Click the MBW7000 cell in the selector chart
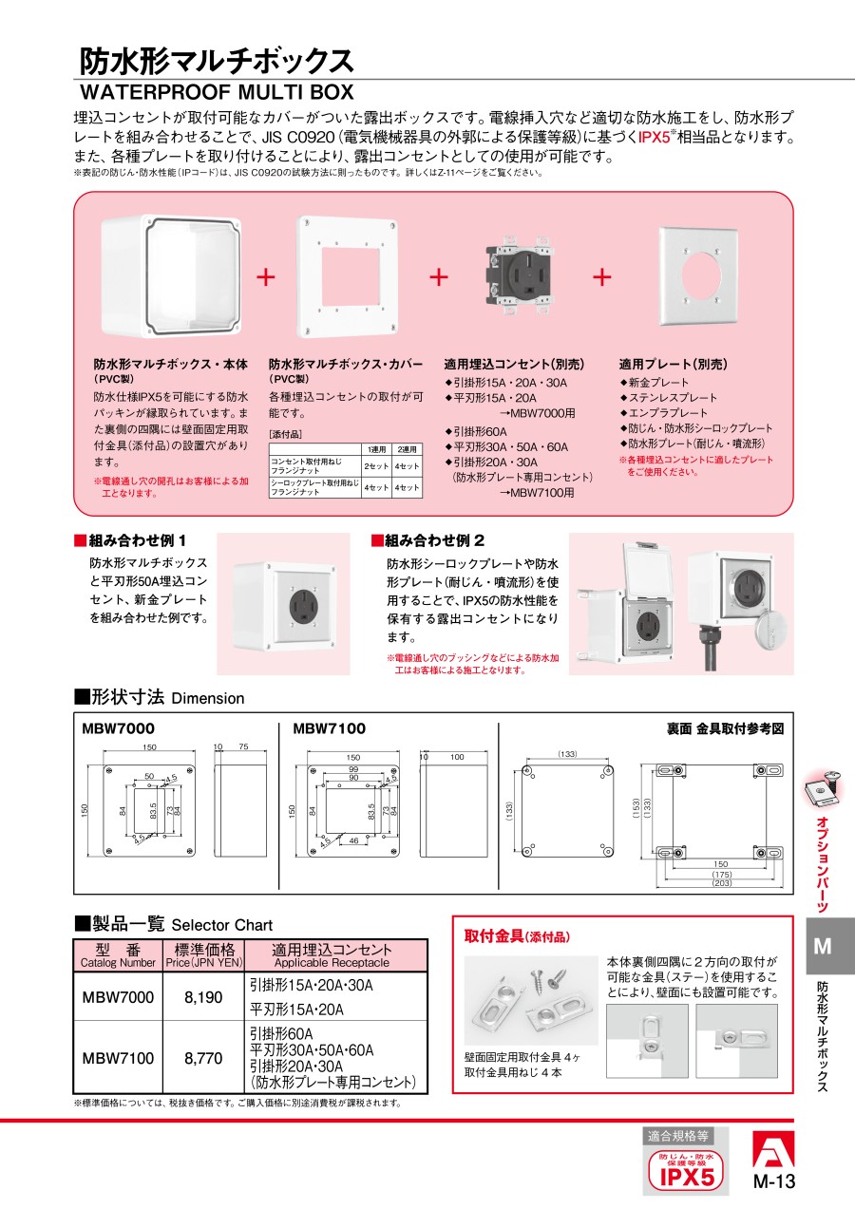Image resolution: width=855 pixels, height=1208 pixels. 118,997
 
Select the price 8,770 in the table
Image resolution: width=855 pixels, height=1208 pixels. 203,1058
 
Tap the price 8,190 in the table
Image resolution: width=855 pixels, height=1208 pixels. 203,997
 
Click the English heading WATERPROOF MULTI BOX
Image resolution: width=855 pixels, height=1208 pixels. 217,92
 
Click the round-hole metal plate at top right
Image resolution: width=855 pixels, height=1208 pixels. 698,275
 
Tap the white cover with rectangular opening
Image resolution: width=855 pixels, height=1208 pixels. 349,277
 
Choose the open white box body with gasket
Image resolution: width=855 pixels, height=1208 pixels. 171,276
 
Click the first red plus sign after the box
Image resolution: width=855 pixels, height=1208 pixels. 266,277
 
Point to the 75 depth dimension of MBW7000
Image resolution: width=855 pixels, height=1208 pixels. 243,746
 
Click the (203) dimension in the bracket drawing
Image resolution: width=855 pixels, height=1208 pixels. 721,883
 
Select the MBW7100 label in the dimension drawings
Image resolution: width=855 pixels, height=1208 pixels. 329,728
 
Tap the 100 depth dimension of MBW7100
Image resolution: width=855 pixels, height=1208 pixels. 457,757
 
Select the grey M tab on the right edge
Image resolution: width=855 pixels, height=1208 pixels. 823,946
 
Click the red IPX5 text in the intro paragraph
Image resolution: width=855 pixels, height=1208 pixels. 654,137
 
